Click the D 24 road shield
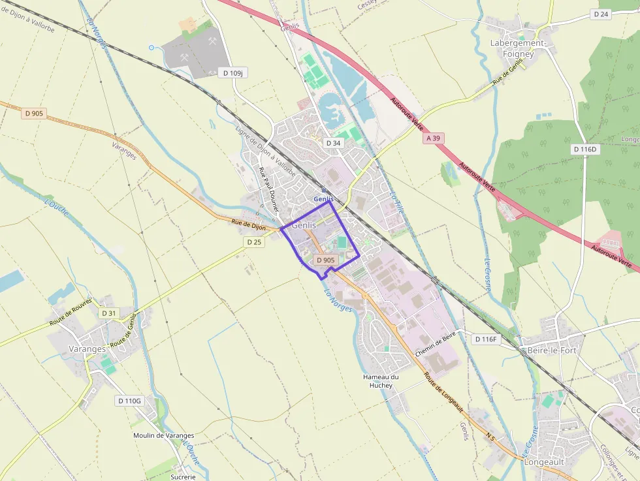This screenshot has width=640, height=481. (601, 14)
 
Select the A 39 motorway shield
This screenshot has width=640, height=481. (433, 138)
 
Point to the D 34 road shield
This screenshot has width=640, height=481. (332, 143)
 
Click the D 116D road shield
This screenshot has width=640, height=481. (584, 149)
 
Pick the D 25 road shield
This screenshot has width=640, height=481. (254, 242)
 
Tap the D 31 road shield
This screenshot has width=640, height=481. (109, 313)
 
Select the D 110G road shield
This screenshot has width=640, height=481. (129, 400)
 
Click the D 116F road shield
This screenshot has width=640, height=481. (486, 339)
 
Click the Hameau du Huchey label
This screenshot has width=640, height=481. (381, 381)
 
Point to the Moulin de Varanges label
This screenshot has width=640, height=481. (163, 435)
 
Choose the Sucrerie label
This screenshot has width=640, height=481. (183, 476)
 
